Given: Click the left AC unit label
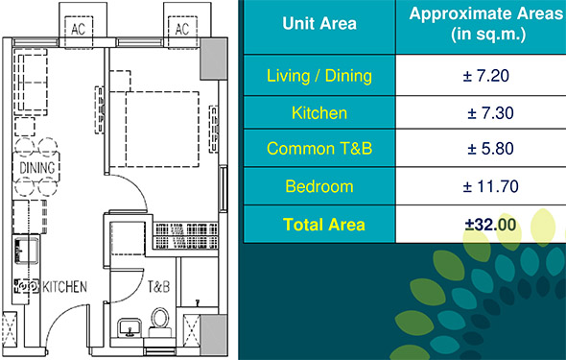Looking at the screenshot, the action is click(79, 29).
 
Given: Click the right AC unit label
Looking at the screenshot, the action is click(182, 29).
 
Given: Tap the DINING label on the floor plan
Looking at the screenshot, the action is click(37, 168).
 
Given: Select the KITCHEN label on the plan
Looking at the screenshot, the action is click(65, 287).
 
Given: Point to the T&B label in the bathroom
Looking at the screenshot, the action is click(158, 287).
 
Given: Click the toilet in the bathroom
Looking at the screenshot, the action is click(160, 323).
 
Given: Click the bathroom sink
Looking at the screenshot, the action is click(130, 328).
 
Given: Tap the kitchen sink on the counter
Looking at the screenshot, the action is click(26, 251).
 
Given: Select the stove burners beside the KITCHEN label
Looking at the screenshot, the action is click(26, 286).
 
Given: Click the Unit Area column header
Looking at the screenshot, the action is click(319, 23).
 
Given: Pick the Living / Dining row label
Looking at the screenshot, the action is click(319, 76).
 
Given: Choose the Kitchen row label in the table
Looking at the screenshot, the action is click(319, 113).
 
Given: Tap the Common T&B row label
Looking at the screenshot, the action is click(319, 149).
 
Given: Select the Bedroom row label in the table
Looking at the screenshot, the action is click(319, 186).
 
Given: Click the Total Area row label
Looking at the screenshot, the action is click(324, 225).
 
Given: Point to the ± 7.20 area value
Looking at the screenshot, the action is click(485, 76).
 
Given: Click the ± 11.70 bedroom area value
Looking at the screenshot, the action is click(490, 186).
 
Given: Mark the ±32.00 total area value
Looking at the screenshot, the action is click(490, 225).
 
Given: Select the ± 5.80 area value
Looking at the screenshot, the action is click(490, 149).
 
